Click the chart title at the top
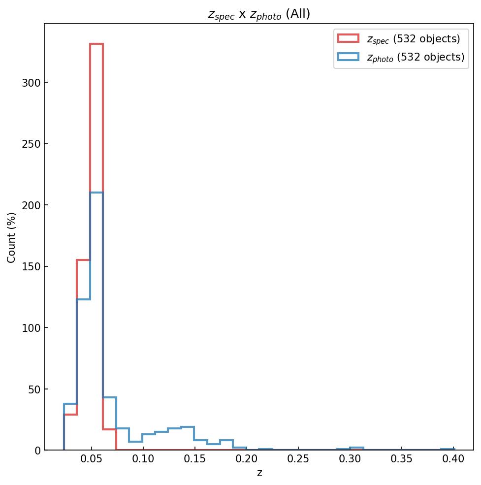[x=259, y=14]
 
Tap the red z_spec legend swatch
[x=348, y=38]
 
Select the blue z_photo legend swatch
[x=348, y=57]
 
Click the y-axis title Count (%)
[x=11, y=237]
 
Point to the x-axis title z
[x=259, y=473]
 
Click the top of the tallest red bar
[x=96, y=44]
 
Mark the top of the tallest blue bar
[x=96, y=193]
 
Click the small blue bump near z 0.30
[x=356, y=448]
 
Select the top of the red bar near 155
[x=83, y=260]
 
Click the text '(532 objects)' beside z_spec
[x=426, y=39]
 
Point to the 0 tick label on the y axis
[x=37, y=450]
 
